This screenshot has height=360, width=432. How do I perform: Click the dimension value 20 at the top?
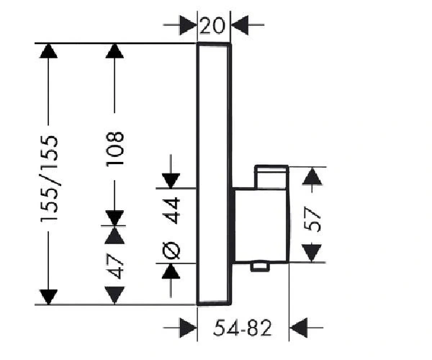click(212, 26)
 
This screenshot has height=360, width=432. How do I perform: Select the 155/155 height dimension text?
click(50, 179)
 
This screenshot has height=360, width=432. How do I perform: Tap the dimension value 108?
click(115, 149)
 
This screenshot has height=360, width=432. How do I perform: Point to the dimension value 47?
click(115, 266)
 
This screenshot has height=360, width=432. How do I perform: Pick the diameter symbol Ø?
click(171, 251)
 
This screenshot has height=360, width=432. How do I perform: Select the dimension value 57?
click(312, 220)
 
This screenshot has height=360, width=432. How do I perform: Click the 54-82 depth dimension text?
click(243, 328)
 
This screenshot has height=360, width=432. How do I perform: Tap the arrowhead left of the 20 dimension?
click(189, 25)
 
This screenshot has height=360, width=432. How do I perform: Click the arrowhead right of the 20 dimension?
click(240, 25)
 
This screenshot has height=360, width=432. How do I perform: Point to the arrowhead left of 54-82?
click(189, 328)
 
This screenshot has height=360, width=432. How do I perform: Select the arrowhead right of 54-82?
click(298, 328)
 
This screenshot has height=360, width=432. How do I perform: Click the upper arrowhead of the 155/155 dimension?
click(48, 51)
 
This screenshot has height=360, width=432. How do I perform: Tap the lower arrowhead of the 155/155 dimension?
click(48, 297)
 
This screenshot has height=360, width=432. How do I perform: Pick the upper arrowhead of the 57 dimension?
click(312, 176)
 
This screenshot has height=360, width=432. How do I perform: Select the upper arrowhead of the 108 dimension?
click(114, 51)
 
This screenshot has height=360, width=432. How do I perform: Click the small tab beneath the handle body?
click(260, 267)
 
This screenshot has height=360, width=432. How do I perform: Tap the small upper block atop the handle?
click(271, 177)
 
